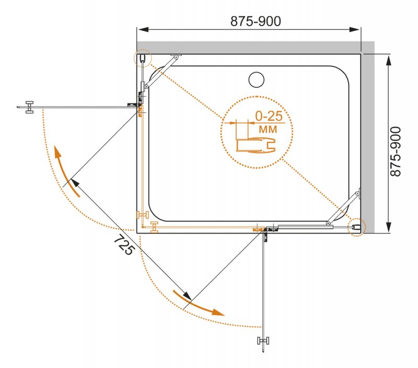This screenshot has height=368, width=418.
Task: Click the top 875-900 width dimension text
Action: (256, 21)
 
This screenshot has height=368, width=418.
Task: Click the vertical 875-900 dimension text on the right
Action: (396, 152)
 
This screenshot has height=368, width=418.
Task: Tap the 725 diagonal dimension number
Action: (124, 245)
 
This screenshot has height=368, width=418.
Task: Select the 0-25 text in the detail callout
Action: (269, 116)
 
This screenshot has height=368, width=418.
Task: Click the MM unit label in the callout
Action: (268, 130)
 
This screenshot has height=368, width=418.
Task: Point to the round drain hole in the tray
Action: (257, 79)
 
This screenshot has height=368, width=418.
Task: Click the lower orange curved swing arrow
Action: (199, 304)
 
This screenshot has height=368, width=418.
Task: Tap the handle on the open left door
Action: (29, 107)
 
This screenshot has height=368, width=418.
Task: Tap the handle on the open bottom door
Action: (263, 340)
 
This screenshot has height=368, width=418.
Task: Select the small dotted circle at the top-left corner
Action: (142, 58)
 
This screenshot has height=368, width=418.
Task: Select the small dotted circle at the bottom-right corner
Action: (357, 227)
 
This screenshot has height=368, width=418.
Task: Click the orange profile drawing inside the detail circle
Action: (256, 145)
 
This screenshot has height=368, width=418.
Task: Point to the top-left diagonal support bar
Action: (161, 72)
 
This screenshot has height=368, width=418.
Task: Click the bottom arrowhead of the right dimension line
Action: (389, 227)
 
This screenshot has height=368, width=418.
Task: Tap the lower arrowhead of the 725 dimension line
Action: (187, 295)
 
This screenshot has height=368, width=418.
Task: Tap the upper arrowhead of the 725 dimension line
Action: (75, 183)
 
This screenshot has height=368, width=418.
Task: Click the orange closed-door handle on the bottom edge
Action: (154, 227)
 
